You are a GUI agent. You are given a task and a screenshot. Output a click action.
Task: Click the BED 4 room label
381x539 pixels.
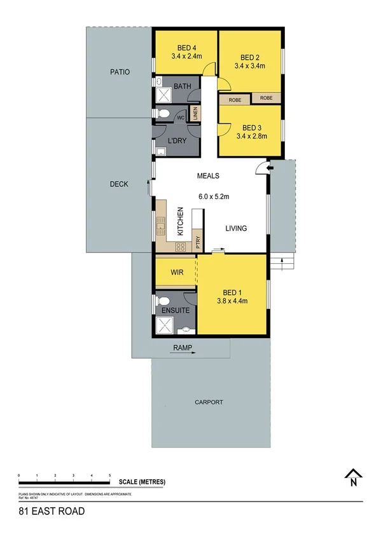186,46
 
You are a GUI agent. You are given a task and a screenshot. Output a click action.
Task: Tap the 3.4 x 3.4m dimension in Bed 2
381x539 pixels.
249,65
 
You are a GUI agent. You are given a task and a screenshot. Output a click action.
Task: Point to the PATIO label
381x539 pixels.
119,72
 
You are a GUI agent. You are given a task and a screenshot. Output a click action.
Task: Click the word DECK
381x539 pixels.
119,184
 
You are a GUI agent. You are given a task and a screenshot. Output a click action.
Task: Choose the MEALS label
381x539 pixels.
208,176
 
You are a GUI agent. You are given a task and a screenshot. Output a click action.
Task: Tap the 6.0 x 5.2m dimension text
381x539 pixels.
213,197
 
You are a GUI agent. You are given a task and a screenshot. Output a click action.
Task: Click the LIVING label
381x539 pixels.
236,228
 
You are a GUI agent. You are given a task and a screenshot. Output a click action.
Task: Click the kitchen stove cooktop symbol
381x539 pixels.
180,247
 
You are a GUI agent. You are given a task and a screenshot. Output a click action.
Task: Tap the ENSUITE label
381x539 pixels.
175,310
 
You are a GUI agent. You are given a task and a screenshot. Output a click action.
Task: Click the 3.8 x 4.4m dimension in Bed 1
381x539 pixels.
232,301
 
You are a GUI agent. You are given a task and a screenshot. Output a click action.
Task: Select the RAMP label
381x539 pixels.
182,348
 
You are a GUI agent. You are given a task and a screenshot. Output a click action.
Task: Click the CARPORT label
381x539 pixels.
209,402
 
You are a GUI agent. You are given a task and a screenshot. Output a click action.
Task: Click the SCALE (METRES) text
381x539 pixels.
142,482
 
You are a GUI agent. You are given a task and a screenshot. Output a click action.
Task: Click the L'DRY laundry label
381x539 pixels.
177,140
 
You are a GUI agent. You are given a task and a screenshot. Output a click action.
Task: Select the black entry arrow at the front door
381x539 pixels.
270,168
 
